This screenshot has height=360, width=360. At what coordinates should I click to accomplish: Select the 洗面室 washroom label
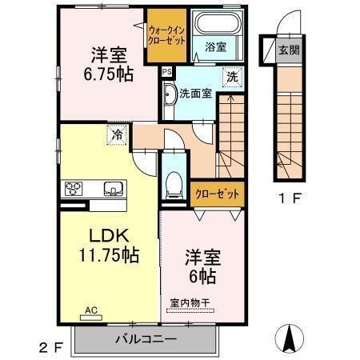pyautogui.click(x=194, y=93)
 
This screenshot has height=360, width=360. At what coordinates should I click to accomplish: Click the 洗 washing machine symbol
pyautogui.click(x=231, y=78)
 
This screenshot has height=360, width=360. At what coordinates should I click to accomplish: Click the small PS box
pyautogui.click(x=166, y=71)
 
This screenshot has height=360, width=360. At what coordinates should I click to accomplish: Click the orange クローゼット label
pyautogui.click(x=217, y=193)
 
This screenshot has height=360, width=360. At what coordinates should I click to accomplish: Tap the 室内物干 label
pyautogui.click(x=191, y=302)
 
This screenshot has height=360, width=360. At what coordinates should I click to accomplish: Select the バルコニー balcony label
pyautogui.click(x=145, y=339)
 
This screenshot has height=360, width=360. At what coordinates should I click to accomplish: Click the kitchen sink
pyautogui.click(x=112, y=190)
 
